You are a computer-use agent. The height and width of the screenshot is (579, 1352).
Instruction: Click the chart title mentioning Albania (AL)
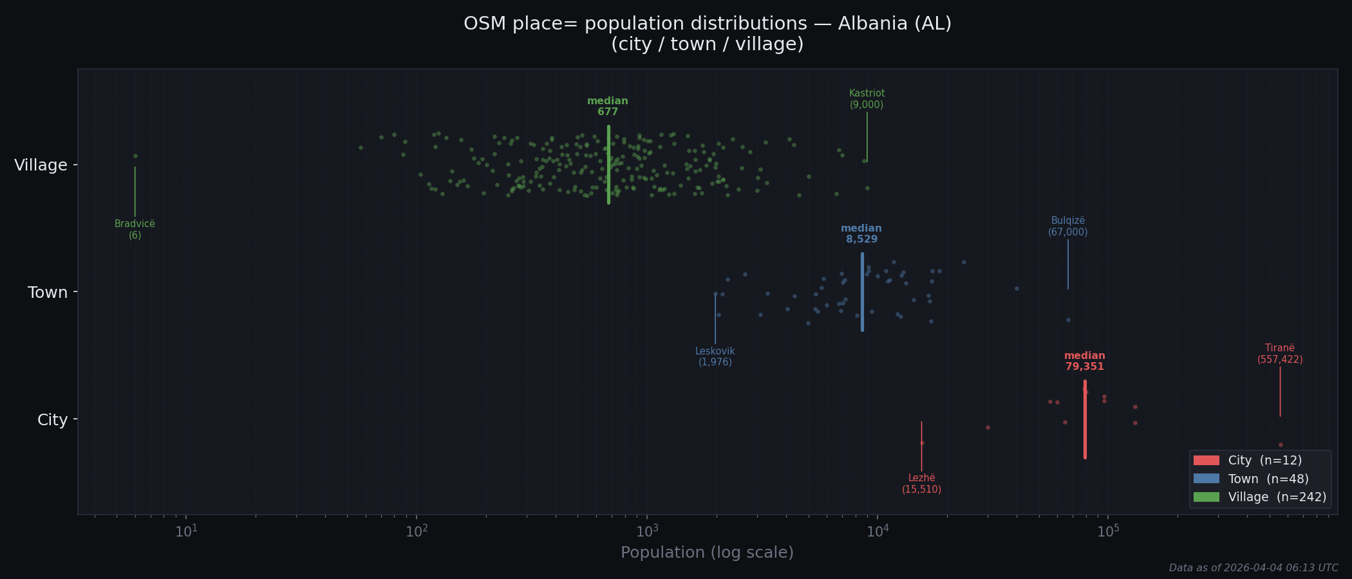coord(707,33)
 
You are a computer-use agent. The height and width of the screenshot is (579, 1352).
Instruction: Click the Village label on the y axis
coord(41,165)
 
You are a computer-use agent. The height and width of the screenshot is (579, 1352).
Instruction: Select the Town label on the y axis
coord(48,293)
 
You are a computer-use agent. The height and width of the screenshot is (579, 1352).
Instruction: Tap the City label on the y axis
coord(52,420)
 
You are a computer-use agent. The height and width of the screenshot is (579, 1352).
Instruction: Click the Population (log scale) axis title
coord(707,553)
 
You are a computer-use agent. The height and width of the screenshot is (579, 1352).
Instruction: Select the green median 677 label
coord(607,107)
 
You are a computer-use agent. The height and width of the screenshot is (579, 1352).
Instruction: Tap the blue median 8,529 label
coord(861,234)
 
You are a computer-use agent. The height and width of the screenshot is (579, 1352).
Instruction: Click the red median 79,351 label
coord(1084,362)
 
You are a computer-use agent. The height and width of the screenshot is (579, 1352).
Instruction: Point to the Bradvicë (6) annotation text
coord(135,230)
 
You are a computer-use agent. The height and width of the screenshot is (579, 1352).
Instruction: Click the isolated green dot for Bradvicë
coord(135,156)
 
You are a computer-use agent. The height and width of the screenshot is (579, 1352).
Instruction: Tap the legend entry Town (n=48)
coord(1259,479)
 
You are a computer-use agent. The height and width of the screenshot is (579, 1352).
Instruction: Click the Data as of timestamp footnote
coord(1253,568)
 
